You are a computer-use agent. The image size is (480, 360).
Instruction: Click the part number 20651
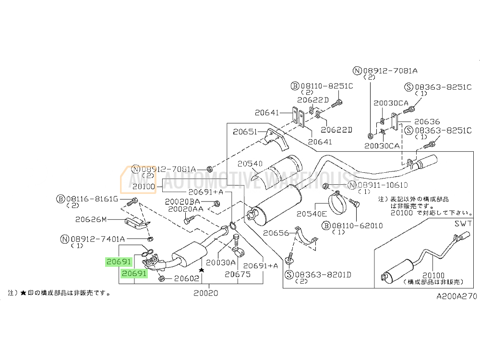[245, 132]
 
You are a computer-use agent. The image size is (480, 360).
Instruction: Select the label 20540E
[311, 214]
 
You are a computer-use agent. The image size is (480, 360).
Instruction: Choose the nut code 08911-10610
[382, 185]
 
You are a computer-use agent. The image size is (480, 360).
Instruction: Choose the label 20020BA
[182, 202]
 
